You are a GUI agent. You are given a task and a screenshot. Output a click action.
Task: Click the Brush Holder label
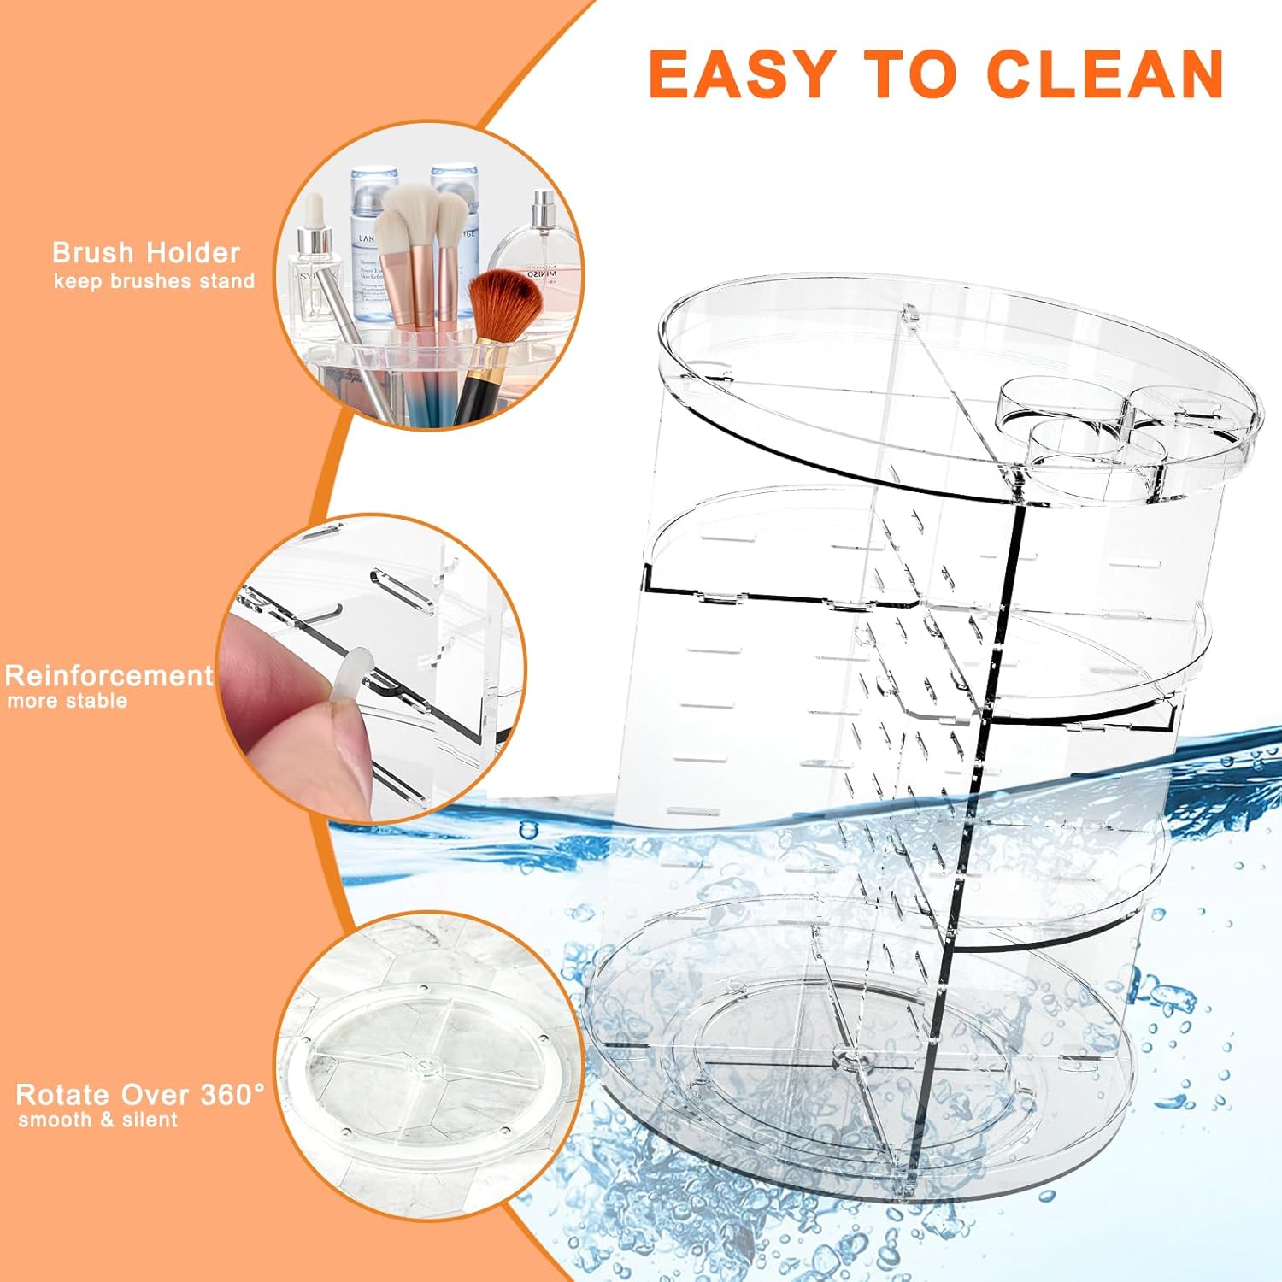click(146, 253)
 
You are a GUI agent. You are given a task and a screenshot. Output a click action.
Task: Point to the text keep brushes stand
click(154, 281)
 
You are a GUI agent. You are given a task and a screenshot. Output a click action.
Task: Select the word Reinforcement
click(109, 676)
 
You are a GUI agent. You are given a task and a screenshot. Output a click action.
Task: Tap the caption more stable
click(68, 701)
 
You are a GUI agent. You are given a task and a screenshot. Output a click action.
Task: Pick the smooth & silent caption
click(97, 1120)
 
